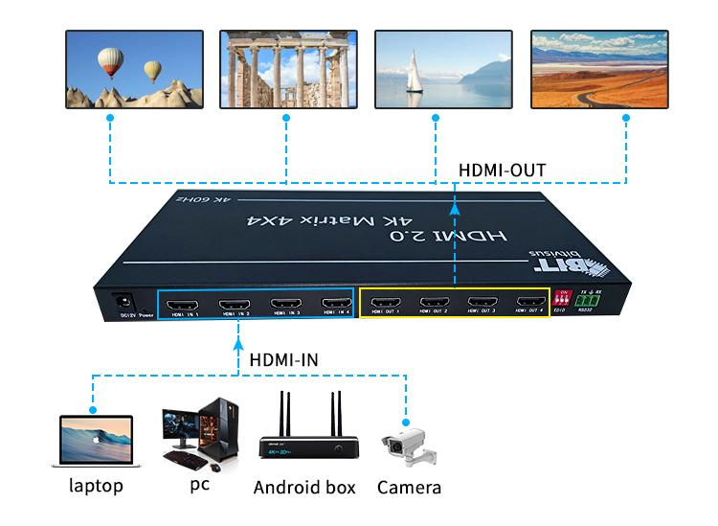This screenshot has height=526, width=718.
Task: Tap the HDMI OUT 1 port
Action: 385,306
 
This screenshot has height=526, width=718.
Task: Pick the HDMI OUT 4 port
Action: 529,306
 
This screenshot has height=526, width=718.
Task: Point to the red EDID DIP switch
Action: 564,301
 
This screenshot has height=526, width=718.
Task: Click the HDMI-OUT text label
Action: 503,170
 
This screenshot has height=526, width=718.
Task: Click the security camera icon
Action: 410,445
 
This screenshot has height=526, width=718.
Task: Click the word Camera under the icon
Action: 409,488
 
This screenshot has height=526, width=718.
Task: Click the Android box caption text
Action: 303,488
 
